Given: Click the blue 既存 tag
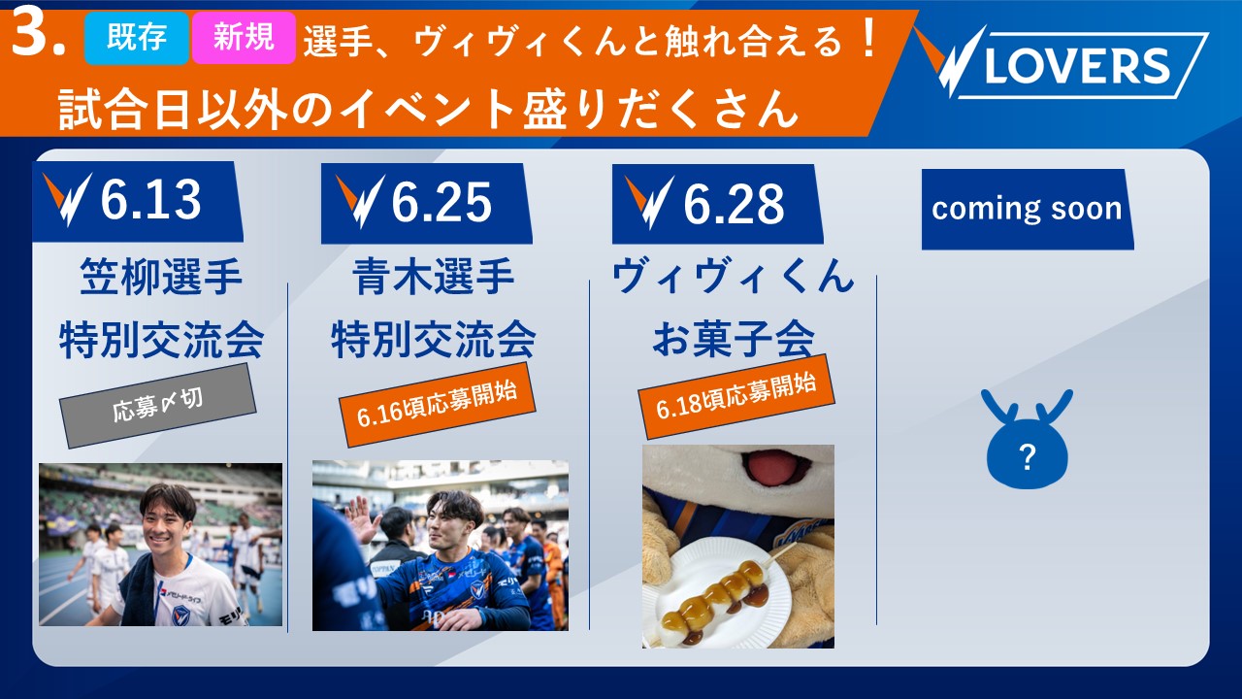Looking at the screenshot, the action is point(137,38).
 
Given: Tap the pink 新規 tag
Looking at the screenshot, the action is point(244,38).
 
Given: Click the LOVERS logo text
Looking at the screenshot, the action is point(1077,65).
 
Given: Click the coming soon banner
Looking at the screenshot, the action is point(1028,209).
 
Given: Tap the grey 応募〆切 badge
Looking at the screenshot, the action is point(158,406).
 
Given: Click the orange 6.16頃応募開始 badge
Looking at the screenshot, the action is point(438,405).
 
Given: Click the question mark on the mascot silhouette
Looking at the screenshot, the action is point(1028,457).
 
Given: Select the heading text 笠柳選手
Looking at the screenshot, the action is point(161,277).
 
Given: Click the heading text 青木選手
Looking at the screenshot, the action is point(433,277).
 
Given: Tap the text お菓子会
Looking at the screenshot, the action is point(733,339).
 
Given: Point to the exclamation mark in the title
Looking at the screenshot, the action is point(866,38).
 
